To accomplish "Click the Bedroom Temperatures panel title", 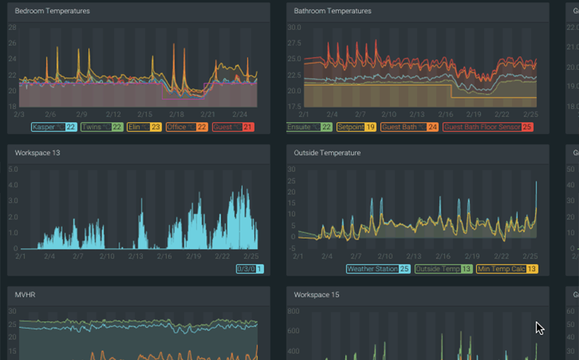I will pos(52,11).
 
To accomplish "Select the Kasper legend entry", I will pos(50,127).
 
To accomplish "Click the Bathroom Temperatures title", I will pos(332,11).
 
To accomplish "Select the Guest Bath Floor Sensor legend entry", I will pos(487,127).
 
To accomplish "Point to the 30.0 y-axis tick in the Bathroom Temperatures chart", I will pos(294,27).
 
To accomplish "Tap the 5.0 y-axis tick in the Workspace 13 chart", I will pos(13,169).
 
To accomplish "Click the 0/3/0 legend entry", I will pos(250,269).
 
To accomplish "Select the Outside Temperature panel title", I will pos(327,153).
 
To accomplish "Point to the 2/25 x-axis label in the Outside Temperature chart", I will pos(531,256).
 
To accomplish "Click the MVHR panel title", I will pos(25,295).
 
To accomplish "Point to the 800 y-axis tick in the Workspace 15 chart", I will pos(294,311).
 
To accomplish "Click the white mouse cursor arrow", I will pos(539,327).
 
